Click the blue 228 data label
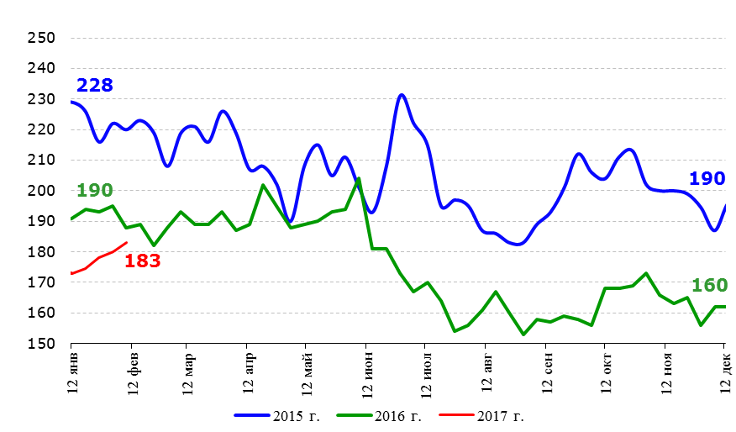(94, 86)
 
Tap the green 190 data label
(94, 191)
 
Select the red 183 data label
(142, 261)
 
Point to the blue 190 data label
(707, 178)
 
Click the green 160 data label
(709, 286)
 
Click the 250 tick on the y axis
(41, 39)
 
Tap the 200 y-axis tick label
(41, 191)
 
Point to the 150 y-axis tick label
(41, 344)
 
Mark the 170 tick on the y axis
(41, 282)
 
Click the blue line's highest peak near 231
(402, 95)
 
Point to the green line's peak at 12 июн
(359, 178)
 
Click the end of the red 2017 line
(126, 243)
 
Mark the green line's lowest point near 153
(523, 335)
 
